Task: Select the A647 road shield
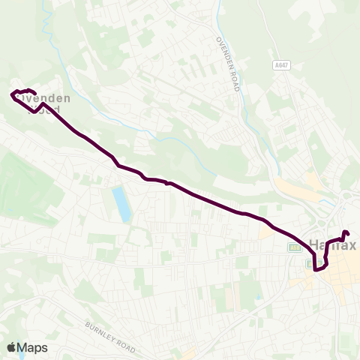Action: [x=282, y=66]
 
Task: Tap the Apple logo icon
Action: [x=11, y=347]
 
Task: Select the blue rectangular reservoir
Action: [x=120, y=204]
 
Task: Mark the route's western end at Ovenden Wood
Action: [x=13, y=94]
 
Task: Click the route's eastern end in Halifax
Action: [x=345, y=233]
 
